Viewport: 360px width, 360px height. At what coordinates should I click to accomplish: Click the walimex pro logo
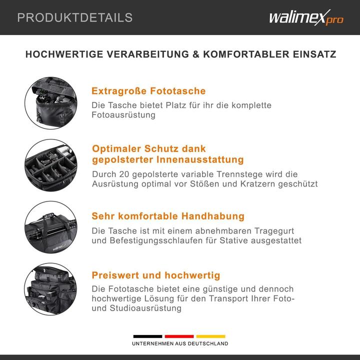tap(306, 17)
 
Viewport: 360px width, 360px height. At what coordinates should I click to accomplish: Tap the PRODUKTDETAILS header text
tap(75, 18)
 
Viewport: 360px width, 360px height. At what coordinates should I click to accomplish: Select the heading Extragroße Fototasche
tap(148, 91)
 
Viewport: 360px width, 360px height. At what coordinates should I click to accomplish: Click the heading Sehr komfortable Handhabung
tap(168, 216)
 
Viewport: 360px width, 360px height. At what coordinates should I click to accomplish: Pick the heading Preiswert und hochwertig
tap(156, 275)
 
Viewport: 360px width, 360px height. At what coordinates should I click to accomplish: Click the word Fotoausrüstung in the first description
tap(123, 115)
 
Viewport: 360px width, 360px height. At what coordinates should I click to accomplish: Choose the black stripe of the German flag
tap(147, 336)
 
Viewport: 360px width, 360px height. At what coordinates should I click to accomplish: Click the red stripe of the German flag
tap(179, 336)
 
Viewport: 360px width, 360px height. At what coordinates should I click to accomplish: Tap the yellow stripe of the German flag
tap(210, 336)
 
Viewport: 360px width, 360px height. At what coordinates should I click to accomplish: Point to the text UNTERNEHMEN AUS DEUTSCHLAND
tap(180, 344)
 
